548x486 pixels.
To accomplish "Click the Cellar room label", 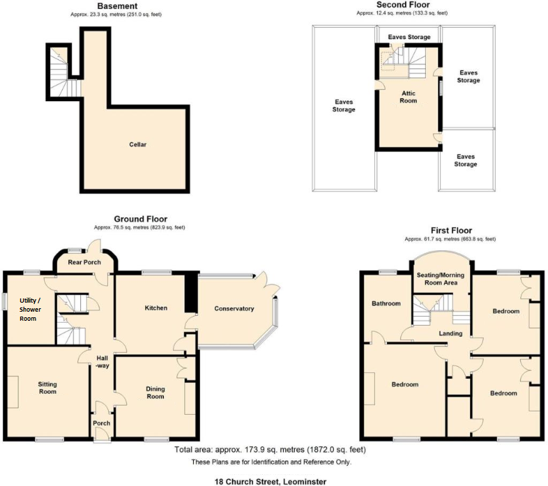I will pyautogui.click(x=137, y=144).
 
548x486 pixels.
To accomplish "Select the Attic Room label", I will pyautogui.click(x=409, y=96).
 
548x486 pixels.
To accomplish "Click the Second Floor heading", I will pyautogui.click(x=402, y=5).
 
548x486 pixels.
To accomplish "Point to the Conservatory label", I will pyautogui.click(x=234, y=308).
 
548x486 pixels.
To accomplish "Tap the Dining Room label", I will pyautogui.click(x=155, y=393).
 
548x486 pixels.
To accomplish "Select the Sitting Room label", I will pyautogui.click(x=47, y=388).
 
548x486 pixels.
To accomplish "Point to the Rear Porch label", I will pyautogui.click(x=84, y=262).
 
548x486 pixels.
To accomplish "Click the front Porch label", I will pyautogui.click(x=101, y=423).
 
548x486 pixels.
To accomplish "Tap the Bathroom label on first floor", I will pyautogui.click(x=386, y=303).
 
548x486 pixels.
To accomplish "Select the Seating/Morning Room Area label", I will pyautogui.click(x=437, y=279).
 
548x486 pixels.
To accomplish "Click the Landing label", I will pyautogui.click(x=450, y=333).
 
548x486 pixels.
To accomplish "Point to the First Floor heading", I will pyautogui.click(x=450, y=231).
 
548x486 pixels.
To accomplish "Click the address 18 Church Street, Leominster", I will pyautogui.click(x=271, y=480).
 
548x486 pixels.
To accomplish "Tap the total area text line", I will pyautogui.click(x=271, y=450).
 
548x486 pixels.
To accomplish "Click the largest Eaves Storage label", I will pyautogui.click(x=344, y=105).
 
